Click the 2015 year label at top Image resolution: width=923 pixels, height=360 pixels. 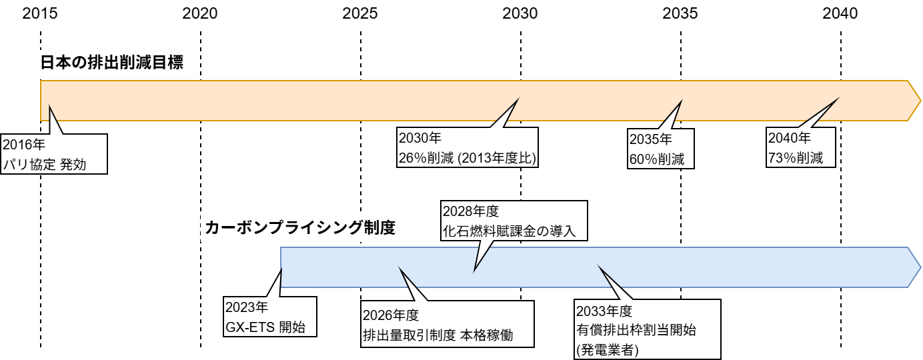[x=40, y=13]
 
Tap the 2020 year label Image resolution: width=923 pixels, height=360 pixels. [x=200, y=13]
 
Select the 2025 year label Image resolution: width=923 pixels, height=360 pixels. [x=360, y=13]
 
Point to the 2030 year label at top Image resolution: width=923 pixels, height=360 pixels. [x=520, y=13]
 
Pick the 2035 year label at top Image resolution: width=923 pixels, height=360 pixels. [x=681, y=13]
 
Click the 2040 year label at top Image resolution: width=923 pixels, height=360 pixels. [x=840, y=13]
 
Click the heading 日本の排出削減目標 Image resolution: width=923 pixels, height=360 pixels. [x=111, y=63]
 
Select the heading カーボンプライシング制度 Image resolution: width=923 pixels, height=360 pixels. [x=300, y=228]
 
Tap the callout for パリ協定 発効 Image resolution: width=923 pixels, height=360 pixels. [x=53, y=153]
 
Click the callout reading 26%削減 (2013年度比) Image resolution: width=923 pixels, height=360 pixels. [x=468, y=149]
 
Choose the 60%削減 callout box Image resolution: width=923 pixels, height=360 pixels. [x=661, y=149]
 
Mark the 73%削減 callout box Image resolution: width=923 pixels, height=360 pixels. [x=800, y=149]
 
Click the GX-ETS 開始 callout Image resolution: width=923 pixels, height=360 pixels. [x=270, y=317]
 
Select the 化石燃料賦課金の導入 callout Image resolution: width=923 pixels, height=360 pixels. [x=514, y=221]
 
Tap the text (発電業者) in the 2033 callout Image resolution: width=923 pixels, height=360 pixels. [x=608, y=349]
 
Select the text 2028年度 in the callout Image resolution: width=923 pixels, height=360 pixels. [x=471, y=211]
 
